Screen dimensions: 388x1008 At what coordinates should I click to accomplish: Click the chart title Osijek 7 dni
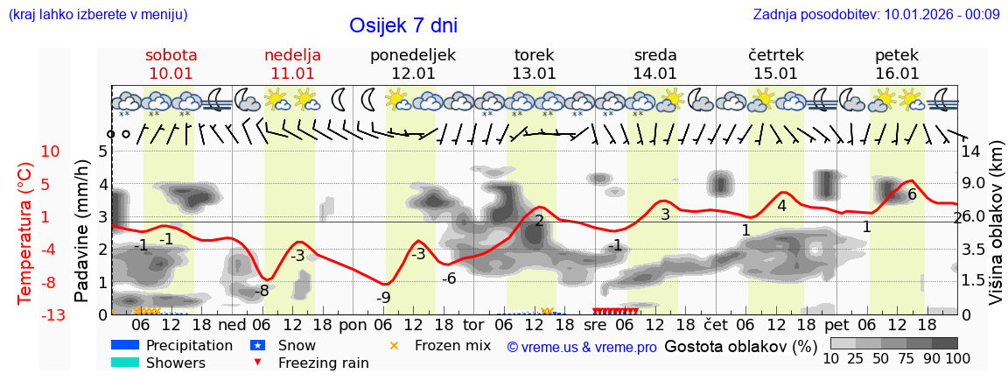403,26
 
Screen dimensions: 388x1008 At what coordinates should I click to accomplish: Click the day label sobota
171,55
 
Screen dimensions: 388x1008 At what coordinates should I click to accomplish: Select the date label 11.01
292,74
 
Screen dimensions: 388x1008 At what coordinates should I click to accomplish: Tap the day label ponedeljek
413,55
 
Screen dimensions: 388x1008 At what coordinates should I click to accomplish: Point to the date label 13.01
534,74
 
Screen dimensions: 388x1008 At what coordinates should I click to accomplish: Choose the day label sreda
655,55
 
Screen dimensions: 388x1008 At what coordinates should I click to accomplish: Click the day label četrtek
776,55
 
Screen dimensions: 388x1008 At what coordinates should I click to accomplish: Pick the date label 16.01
897,74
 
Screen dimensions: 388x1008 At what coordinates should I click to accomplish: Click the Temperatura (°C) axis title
25,233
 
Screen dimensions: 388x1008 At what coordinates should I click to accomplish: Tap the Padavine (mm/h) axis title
82,231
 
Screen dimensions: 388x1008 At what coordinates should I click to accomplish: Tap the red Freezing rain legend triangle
257,363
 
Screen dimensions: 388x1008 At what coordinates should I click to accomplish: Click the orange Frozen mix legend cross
394,345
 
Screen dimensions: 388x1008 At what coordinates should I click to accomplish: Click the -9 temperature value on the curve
383,297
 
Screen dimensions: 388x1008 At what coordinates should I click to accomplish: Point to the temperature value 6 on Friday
912,194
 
